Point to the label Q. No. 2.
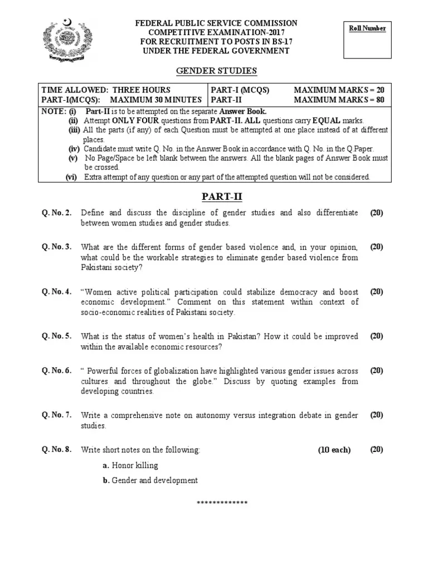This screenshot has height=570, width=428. pos(56,213)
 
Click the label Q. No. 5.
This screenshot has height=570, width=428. pos(56,336)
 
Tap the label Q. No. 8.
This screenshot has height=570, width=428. pos(56,450)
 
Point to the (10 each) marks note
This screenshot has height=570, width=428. pos(334,450)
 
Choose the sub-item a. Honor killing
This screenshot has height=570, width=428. pos(130,465)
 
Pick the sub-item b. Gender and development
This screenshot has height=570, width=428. pos(150,480)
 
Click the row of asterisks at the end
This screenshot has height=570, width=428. pos(222,503)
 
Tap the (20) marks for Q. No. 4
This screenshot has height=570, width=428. pos(376,292)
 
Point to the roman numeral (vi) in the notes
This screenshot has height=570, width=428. pos(71,177)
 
